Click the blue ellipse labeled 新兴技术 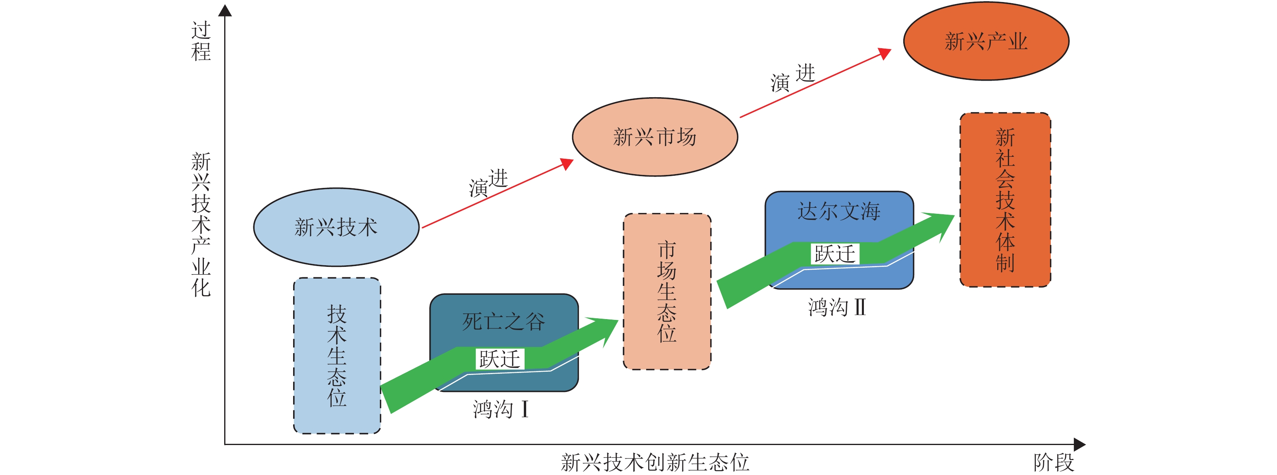click(x=336, y=227)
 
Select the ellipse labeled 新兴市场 click(x=655, y=137)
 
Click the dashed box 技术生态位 click(x=337, y=356)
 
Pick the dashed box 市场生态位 click(x=667, y=292)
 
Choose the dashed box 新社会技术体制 click(x=1005, y=200)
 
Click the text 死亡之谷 click(x=504, y=322)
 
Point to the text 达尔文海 click(x=839, y=211)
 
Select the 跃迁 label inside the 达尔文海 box click(x=835, y=254)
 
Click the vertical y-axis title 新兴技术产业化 click(x=201, y=224)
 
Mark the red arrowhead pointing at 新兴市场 click(x=567, y=164)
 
